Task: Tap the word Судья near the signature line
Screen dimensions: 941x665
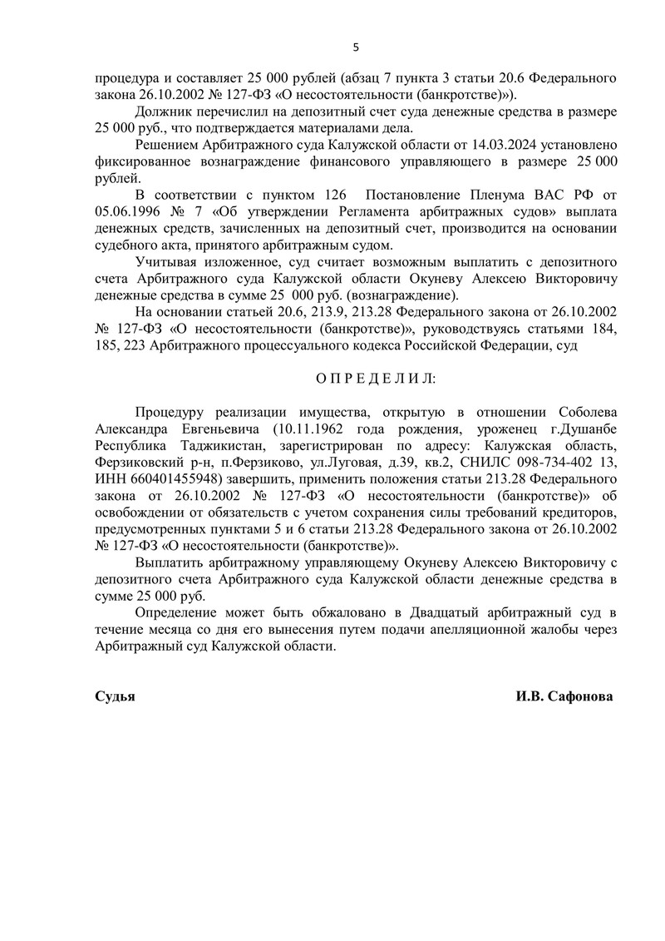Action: pyautogui.click(x=115, y=696)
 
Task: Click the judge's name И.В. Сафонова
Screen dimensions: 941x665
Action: pyautogui.click(x=564, y=696)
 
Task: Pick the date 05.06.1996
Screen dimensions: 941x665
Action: pyautogui.click(x=126, y=211)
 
